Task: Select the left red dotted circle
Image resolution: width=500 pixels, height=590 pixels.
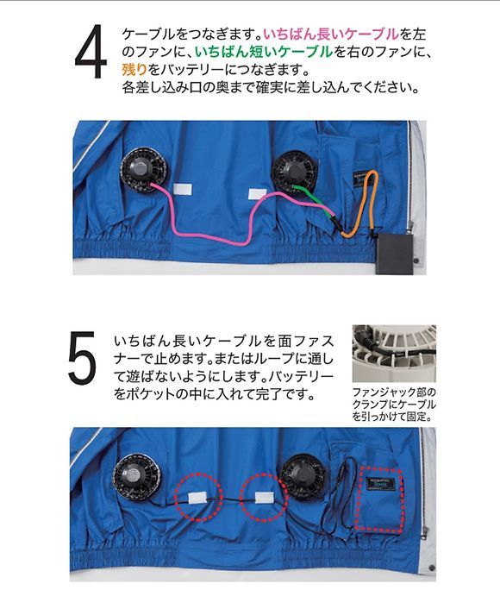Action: [193, 497]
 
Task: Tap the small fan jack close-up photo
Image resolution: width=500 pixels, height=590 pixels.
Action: [394, 353]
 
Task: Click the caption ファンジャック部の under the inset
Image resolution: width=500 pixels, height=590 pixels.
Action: [390, 392]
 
